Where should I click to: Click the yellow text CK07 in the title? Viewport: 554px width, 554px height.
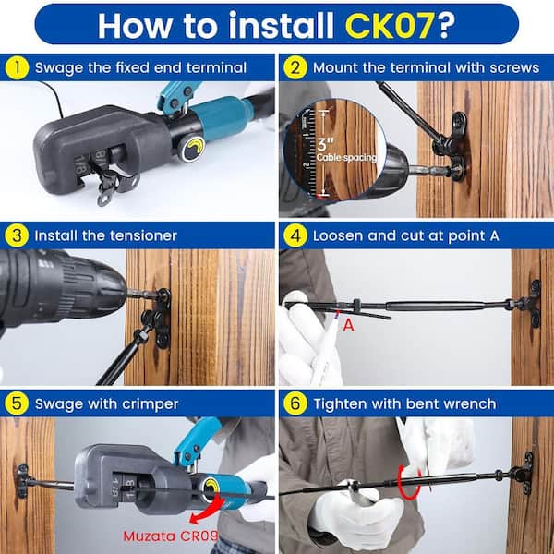390,26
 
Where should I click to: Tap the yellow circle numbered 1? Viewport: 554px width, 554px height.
17,67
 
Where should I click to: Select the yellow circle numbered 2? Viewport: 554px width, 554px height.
295,67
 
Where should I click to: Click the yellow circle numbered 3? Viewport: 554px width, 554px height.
17,235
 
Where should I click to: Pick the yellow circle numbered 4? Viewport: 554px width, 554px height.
295,235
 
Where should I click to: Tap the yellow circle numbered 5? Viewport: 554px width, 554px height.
17,403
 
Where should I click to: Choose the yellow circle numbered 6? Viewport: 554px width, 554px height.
295,403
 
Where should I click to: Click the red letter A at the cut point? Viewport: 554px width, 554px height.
348,325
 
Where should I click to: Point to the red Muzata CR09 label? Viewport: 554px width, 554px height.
170,536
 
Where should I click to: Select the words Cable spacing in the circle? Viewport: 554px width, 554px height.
346,158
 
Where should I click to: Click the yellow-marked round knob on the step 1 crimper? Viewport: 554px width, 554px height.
194,150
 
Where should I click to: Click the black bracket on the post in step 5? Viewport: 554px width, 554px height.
22,480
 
